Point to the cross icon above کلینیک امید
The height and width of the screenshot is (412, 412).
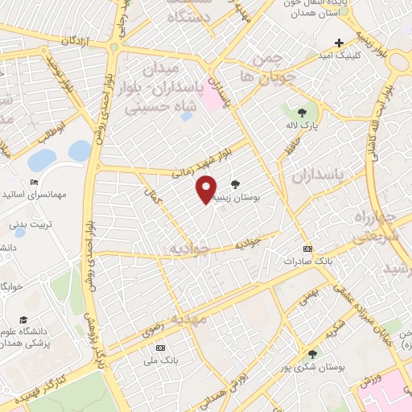pyautogui.click(x=340, y=43)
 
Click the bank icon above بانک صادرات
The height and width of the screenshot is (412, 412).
pyautogui.click(x=307, y=249)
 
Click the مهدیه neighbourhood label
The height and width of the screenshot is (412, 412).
pyautogui.click(x=189, y=319)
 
